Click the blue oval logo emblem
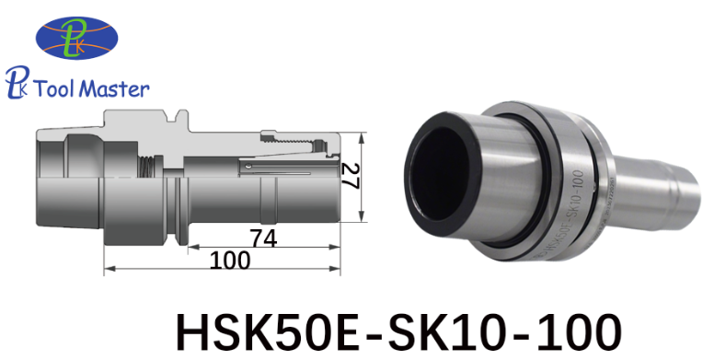77,38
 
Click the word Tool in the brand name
54,88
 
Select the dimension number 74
263,238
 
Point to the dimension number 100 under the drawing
230,261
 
